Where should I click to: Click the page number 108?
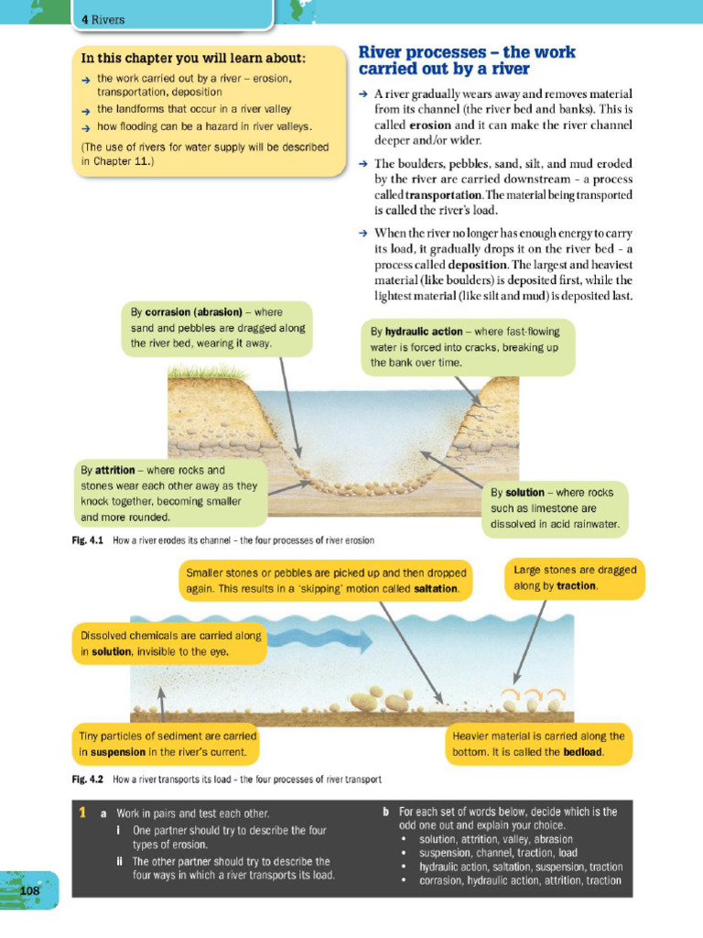pyautogui.click(x=29, y=890)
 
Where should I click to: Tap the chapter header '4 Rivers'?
pyautogui.click(x=103, y=19)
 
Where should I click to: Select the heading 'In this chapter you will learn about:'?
pyautogui.click(x=193, y=58)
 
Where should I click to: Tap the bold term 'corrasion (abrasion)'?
pyautogui.click(x=193, y=311)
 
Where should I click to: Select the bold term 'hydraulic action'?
pyautogui.click(x=424, y=331)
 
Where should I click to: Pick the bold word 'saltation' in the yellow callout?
pyautogui.click(x=434, y=588)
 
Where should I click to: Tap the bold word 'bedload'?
pyautogui.click(x=581, y=752)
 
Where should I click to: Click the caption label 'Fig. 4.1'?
pyautogui.click(x=89, y=540)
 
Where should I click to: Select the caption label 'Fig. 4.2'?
pyautogui.click(x=89, y=780)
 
